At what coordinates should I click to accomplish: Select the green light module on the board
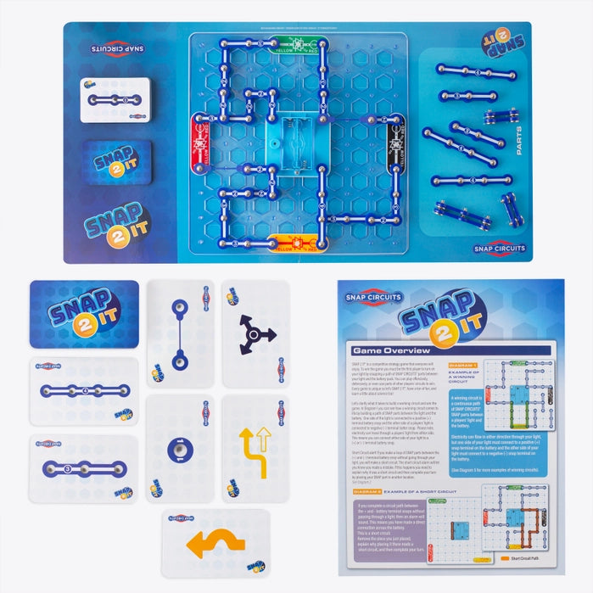pos(295,43)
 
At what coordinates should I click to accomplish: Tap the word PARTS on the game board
pos(520,141)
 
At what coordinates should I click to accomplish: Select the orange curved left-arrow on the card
pos(204,544)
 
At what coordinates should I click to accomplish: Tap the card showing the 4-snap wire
pos(84,390)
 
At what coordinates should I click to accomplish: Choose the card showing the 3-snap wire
pos(83,469)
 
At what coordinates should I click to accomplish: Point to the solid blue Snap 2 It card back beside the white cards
pos(84,313)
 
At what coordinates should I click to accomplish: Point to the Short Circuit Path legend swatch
pos(506,559)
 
